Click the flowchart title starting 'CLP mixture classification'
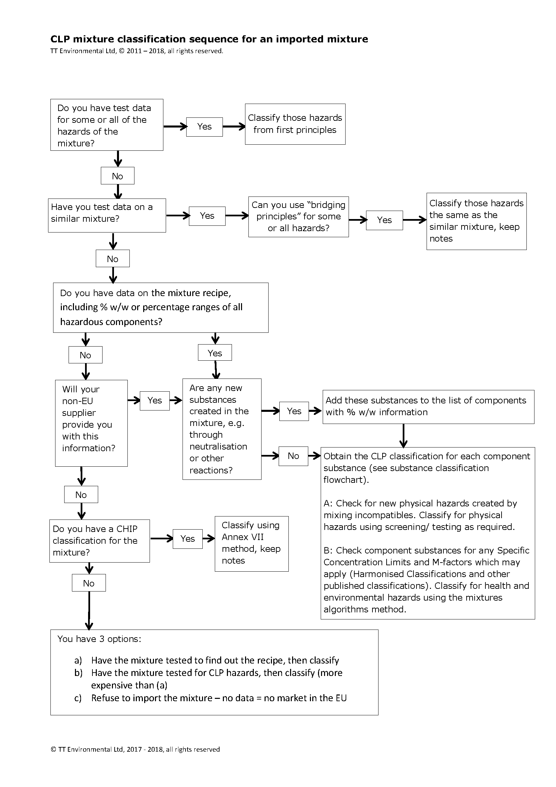(x=209, y=39)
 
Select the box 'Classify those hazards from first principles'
(x=295, y=124)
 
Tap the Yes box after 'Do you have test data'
(x=204, y=127)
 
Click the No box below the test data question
(x=117, y=176)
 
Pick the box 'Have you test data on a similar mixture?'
(x=107, y=215)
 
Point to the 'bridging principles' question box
(x=298, y=217)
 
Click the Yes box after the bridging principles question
(x=384, y=220)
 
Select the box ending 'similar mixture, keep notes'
(x=476, y=221)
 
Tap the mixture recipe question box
(x=161, y=308)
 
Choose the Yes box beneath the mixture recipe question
(x=215, y=353)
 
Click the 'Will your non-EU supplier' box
(x=91, y=423)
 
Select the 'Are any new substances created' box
(x=222, y=429)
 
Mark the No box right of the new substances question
(x=293, y=456)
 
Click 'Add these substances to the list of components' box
(x=428, y=406)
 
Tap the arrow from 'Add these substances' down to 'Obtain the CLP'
(x=403, y=436)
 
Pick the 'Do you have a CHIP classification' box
(x=99, y=541)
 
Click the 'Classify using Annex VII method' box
(x=251, y=544)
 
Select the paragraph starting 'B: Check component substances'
(x=427, y=580)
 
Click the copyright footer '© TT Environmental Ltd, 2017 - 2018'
(x=135, y=749)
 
